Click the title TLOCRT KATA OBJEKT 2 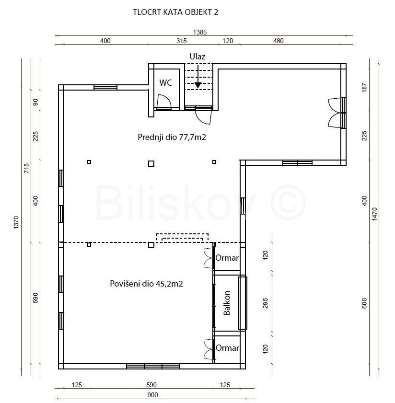(x=175, y=12)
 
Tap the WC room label (x=165, y=83)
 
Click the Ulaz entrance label (x=197, y=57)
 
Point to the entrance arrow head (x=198, y=85)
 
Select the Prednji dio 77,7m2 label (x=172, y=137)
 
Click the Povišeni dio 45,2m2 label (x=146, y=284)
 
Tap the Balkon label (x=227, y=303)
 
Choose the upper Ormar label (x=227, y=258)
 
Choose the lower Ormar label (x=227, y=348)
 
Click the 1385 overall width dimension (x=200, y=32)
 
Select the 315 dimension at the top (x=182, y=41)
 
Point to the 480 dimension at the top (x=278, y=41)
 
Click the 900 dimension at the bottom (x=152, y=395)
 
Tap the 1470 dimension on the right (x=374, y=214)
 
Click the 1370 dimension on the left (x=16, y=222)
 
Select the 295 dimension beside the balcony (x=266, y=303)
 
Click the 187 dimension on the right (x=364, y=88)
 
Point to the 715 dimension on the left (x=26, y=168)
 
